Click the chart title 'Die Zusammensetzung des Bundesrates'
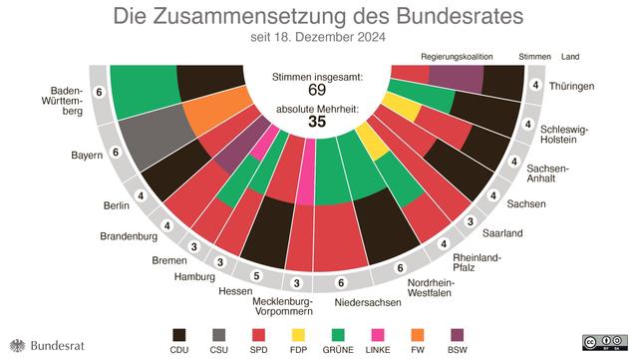click(x=318, y=17)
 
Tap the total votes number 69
click(x=318, y=92)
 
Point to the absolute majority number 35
click(x=318, y=122)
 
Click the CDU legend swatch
click(x=181, y=335)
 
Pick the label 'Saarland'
click(x=502, y=233)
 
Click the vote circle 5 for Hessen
click(x=255, y=275)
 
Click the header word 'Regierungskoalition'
click(x=457, y=58)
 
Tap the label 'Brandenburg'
click(x=130, y=236)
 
